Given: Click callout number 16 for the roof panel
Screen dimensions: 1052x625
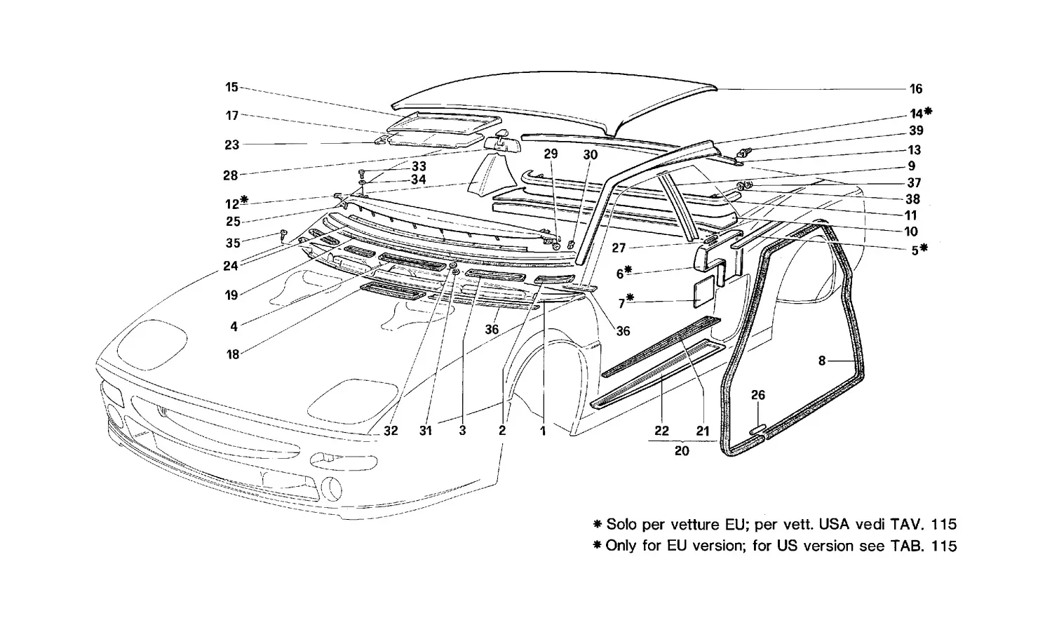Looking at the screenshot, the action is click(916, 89).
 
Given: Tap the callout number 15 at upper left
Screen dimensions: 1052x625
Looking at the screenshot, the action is click(231, 87).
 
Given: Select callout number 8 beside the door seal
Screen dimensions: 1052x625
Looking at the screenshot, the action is click(821, 361).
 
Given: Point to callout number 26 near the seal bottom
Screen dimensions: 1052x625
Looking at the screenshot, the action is click(758, 395).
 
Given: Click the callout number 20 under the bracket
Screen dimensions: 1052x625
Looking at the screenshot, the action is click(682, 451).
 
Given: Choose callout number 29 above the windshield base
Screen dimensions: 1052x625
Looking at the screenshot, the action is click(551, 154).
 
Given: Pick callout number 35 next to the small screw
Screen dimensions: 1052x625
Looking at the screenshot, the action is click(233, 243).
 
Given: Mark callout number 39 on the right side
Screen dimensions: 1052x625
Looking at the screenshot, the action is click(916, 130).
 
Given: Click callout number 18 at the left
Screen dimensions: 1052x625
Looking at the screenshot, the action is click(233, 354).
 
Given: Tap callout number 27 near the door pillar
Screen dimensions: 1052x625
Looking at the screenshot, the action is click(619, 248).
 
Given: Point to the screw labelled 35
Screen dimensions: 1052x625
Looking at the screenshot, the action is click(283, 236).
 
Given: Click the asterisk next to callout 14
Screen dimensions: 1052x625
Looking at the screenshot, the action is click(928, 112).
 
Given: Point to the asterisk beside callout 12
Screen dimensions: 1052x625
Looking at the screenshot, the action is click(244, 200).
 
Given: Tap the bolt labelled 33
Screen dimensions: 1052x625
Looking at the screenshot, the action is click(362, 173).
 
